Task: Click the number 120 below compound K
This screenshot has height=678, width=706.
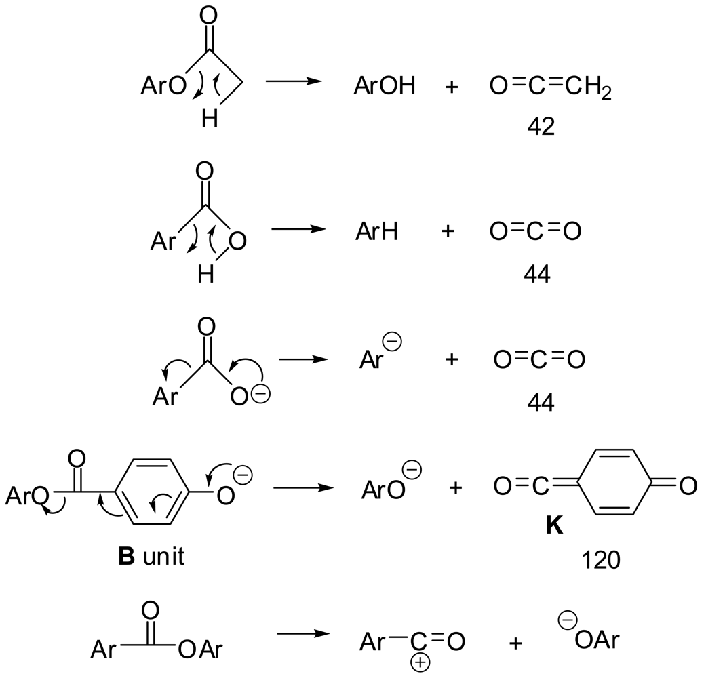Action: [x=600, y=561]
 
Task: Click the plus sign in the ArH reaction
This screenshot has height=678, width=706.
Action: [x=448, y=232]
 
